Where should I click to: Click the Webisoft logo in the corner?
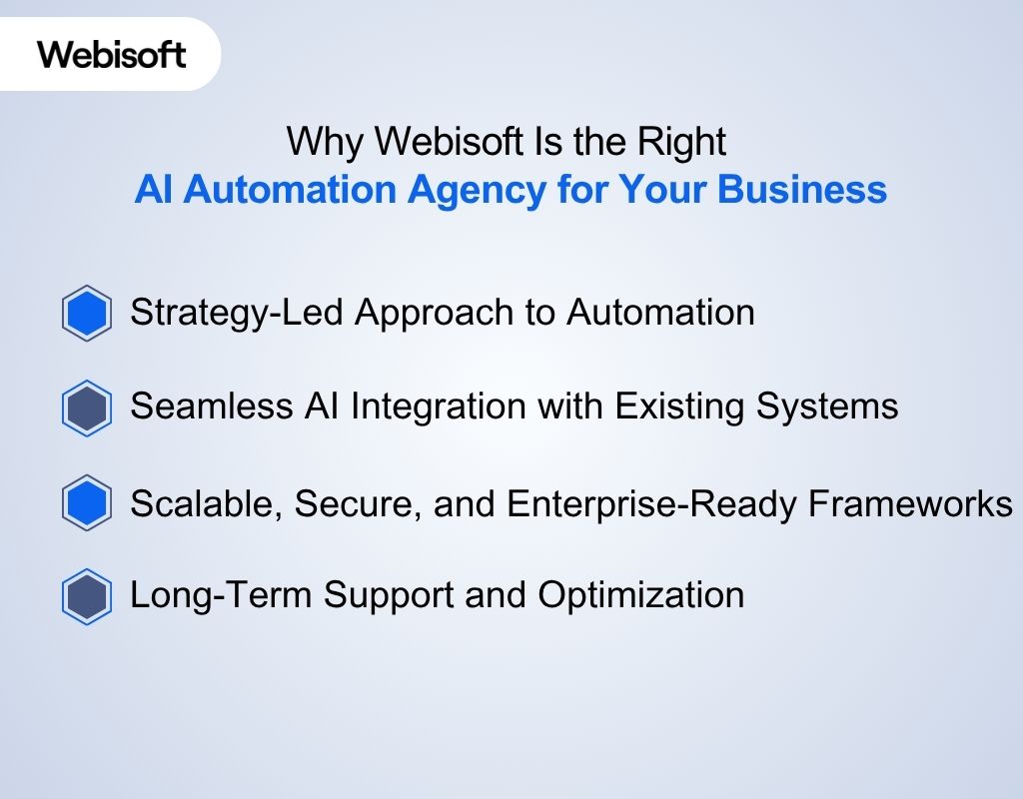click(x=112, y=53)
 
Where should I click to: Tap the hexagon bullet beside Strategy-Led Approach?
click(x=87, y=315)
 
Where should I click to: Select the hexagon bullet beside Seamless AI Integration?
click(x=87, y=408)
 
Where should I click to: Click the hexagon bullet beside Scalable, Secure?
click(x=87, y=503)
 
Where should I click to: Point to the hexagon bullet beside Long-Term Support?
click(x=87, y=596)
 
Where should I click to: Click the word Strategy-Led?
click(x=236, y=314)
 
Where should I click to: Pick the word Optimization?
click(x=640, y=596)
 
